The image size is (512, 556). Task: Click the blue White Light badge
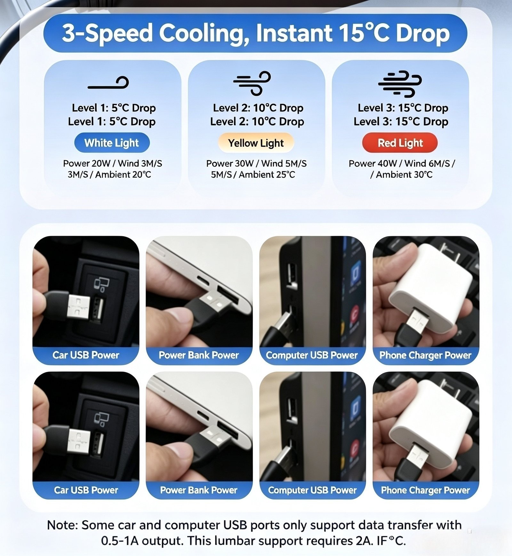coord(112,143)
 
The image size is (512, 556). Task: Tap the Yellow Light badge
coord(256,143)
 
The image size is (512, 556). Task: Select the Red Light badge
coord(400,143)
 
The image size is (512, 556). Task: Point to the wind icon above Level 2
coord(252,83)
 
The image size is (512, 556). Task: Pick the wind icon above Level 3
coord(400,84)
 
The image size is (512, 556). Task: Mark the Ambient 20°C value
coord(123,175)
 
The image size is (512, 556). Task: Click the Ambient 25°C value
coord(267,175)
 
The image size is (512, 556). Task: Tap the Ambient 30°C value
coord(404,175)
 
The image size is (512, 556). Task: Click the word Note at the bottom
coord(63,525)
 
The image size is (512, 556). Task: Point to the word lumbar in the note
coord(234,541)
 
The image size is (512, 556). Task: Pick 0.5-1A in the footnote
coord(120,541)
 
